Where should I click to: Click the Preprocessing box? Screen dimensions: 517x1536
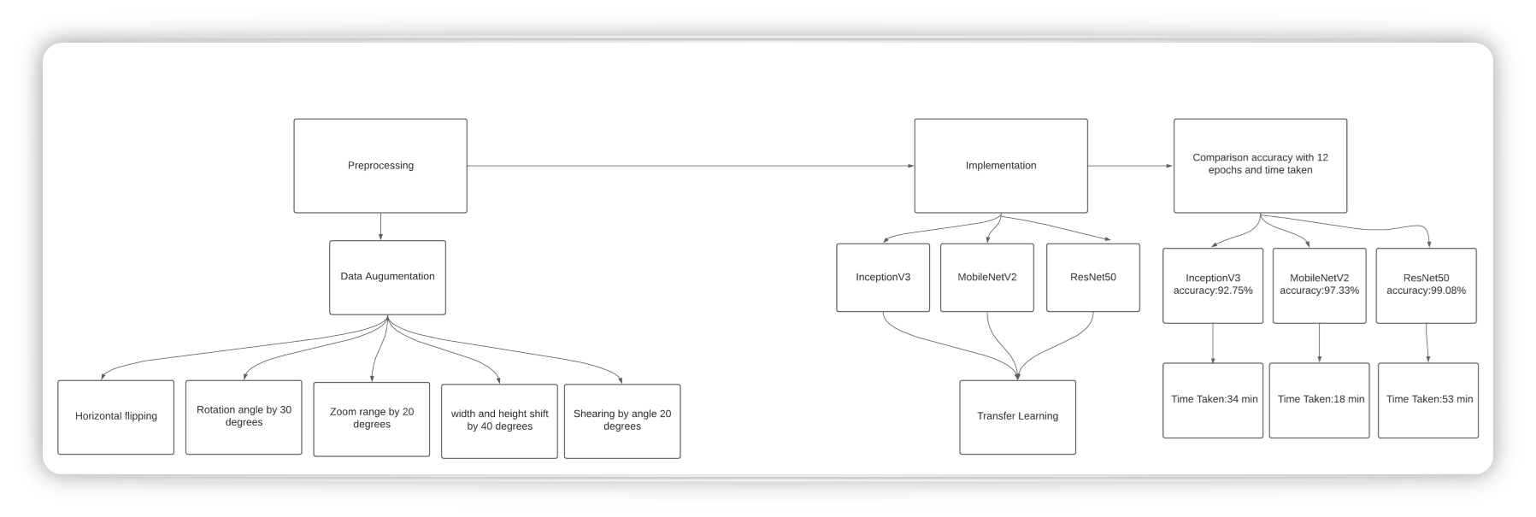pos(380,166)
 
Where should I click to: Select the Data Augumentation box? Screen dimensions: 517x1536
pos(387,277)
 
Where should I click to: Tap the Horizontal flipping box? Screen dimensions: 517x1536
pos(116,417)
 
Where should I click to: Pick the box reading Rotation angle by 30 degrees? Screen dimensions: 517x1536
pos(244,417)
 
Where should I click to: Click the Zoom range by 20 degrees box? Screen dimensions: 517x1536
pos(372,419)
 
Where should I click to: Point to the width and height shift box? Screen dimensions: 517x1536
pos(499,420)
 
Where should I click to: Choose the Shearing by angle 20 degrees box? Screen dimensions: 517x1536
pos(622,420)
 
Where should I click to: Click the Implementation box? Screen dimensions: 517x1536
pos(1001,166)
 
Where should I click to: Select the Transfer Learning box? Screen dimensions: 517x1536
pos(1017,417)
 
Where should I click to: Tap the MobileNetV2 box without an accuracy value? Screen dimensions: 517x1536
pos(987,278)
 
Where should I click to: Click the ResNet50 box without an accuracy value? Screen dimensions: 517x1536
pos(1092,278)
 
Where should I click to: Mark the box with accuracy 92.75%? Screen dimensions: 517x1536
pos(1213,285)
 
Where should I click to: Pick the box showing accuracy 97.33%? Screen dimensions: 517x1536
pos(1319,285)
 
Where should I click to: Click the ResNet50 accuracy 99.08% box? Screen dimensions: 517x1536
pos(1426,285)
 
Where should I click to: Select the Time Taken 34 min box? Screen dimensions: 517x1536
pos(1213,400)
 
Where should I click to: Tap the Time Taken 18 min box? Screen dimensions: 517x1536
pos(1320,400)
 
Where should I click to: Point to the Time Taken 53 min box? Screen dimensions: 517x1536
pos(1428,400)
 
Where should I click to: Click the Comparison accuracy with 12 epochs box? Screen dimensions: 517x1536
pos(1260,166)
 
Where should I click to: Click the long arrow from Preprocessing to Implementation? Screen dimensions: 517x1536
pos(691,166)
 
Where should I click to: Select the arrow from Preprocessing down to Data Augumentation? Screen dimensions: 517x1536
pos(380,226)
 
